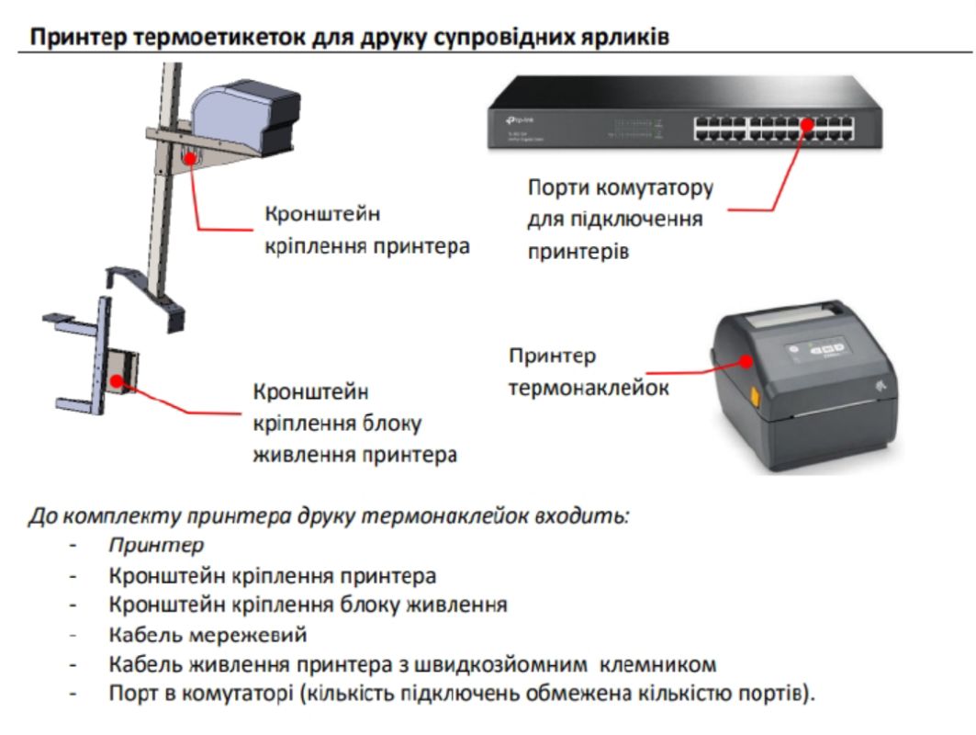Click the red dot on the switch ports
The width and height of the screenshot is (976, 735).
click(807, 126)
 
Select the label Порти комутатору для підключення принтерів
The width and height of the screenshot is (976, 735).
click(620, 220)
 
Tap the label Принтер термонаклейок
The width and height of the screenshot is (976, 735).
click(588, 372)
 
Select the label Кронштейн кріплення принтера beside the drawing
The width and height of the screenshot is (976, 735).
click(366, 231)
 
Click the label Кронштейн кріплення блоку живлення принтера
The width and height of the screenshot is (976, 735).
click(354, 423)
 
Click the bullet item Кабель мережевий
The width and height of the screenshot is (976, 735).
click(208, 635)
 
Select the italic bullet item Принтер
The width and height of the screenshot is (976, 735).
click(155, 546)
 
